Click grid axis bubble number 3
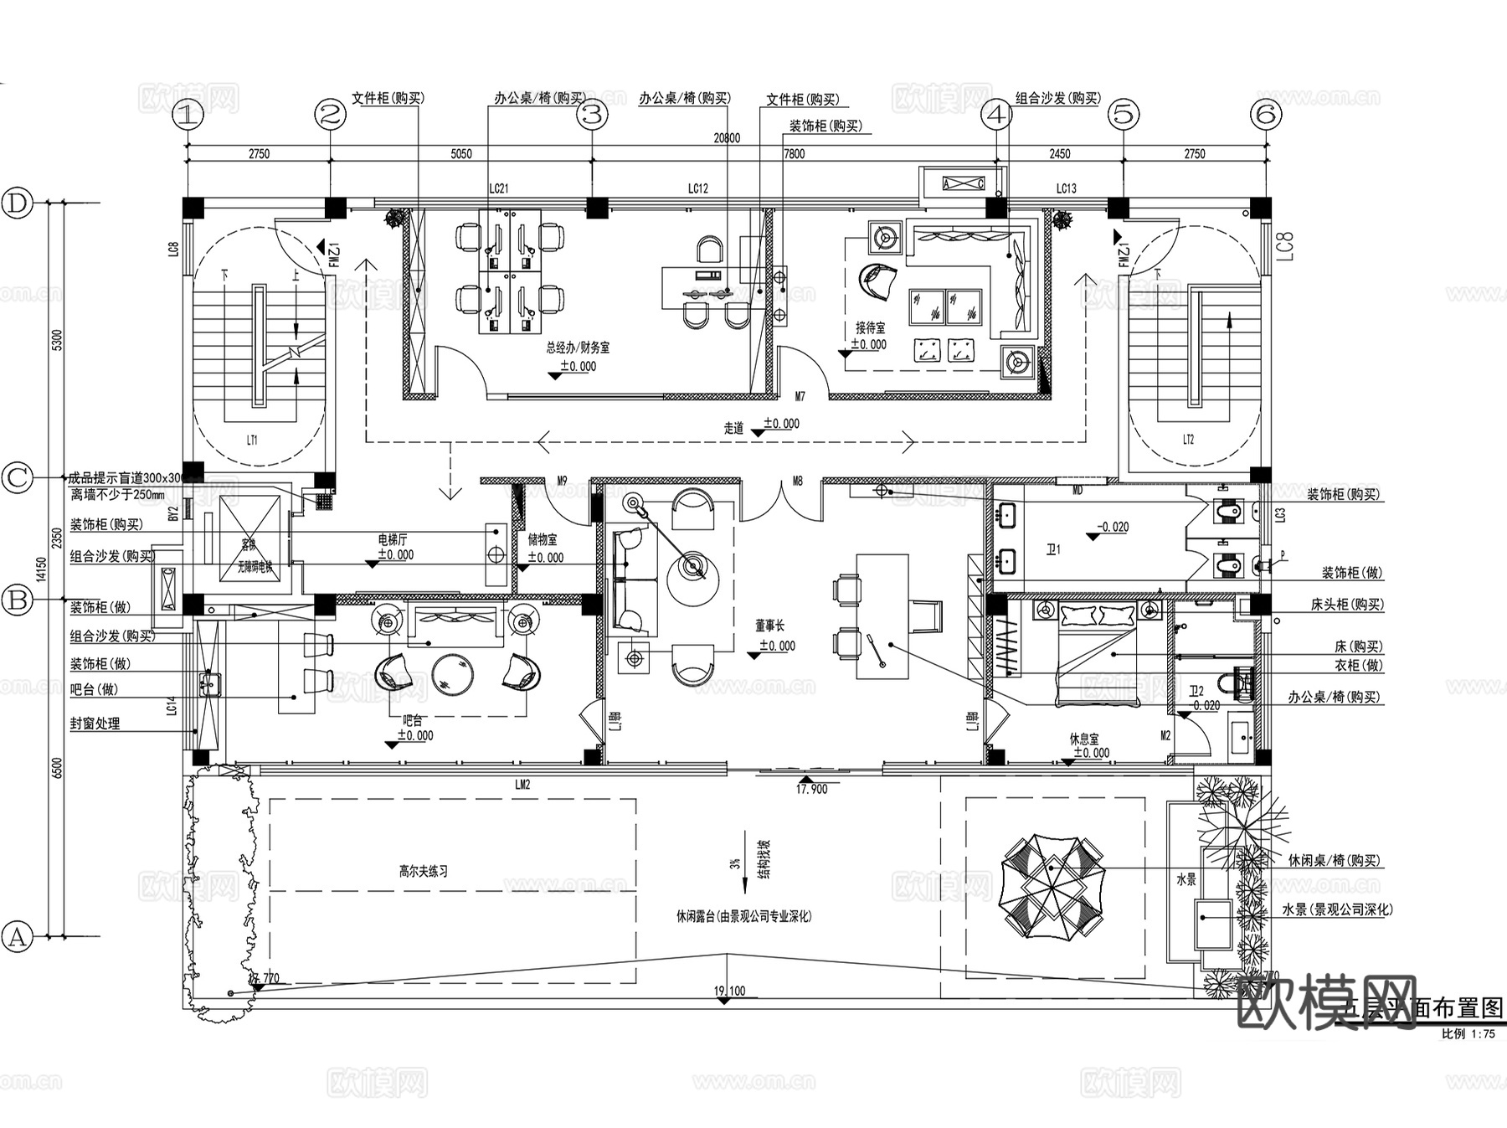593,115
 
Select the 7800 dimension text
794,154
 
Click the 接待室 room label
870,328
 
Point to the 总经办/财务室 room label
578,347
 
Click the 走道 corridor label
733,428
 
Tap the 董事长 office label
769,626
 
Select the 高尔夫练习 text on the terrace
423,871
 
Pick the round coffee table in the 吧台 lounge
453,675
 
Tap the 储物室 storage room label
543,540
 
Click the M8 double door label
797,482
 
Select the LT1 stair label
252,440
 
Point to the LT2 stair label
1188,440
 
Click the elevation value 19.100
729,991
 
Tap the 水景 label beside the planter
1186,879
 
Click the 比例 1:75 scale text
1468,1034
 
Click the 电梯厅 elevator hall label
392,540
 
